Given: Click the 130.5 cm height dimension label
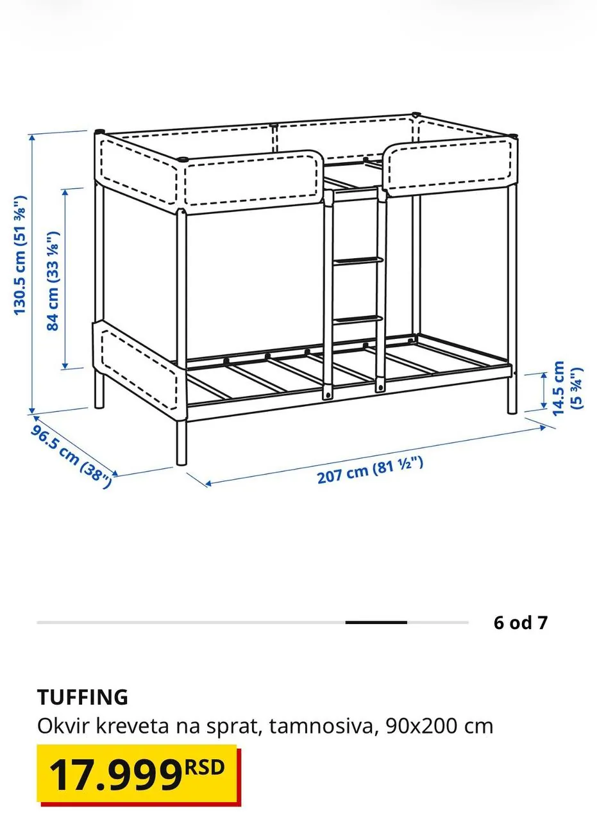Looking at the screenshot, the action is (21, 255).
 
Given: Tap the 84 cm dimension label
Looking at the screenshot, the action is (53, 281).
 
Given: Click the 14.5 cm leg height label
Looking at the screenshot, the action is (567, 388).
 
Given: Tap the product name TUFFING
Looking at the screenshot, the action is (83, 696).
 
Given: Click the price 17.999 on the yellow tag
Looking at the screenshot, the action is (115, 776).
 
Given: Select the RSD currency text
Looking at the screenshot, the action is (205, 767).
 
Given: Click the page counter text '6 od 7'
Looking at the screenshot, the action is (521, 622).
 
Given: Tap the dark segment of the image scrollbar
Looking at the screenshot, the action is (376, 622).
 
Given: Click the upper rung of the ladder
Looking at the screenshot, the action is (358, 261).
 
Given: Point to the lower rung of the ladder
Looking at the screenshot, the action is (358, 319).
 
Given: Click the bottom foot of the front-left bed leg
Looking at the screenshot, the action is (181, 462).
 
